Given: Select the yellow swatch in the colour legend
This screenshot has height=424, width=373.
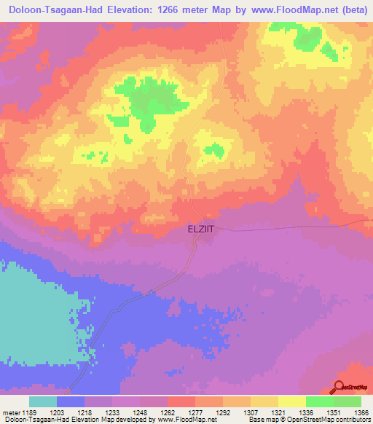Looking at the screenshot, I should pyautogui.click(x=291, y=401).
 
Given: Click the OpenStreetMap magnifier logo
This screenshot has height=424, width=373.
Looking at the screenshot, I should pyautogui.click(x=339, y=388).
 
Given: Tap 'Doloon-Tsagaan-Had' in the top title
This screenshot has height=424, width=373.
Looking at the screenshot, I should pyautogui.click(x=52, y=9).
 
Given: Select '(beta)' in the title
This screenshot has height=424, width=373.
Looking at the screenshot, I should pyautogui.click(x=350, y=9).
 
